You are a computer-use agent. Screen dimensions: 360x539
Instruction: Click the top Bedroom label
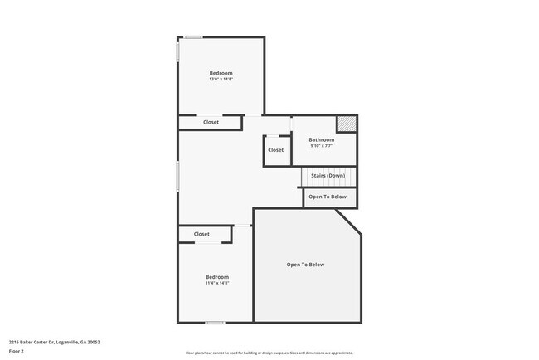[221, 73]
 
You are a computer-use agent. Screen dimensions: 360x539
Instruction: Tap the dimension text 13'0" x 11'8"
[221, 80]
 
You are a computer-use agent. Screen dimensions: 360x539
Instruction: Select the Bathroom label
[322, 139]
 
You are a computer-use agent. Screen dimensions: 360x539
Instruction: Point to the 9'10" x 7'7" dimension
[322, 146]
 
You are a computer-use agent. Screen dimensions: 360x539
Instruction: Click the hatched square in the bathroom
[347, 124]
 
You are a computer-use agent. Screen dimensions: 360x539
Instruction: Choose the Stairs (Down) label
[328, 176]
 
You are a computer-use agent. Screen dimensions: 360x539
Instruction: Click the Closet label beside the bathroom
[275, 150]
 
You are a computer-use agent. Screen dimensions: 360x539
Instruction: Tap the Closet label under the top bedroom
[211, 122]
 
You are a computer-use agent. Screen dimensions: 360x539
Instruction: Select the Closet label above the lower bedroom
[202, 234]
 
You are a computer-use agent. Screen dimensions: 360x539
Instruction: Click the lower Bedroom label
[217, 276]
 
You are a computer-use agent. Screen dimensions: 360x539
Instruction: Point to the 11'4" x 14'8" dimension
[217, 283]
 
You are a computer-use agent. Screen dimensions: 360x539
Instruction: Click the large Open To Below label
[305, 265]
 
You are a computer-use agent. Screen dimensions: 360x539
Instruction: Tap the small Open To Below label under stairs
[328, 197]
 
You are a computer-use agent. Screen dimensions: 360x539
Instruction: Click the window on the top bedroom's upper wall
[193, 36]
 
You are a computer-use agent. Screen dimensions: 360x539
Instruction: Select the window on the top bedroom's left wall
[178, 51]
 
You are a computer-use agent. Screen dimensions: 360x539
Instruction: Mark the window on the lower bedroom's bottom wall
[215, 323]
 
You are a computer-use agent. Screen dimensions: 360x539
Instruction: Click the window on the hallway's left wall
[178, 177]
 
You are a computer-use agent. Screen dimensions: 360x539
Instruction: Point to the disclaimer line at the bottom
[269, 353]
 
